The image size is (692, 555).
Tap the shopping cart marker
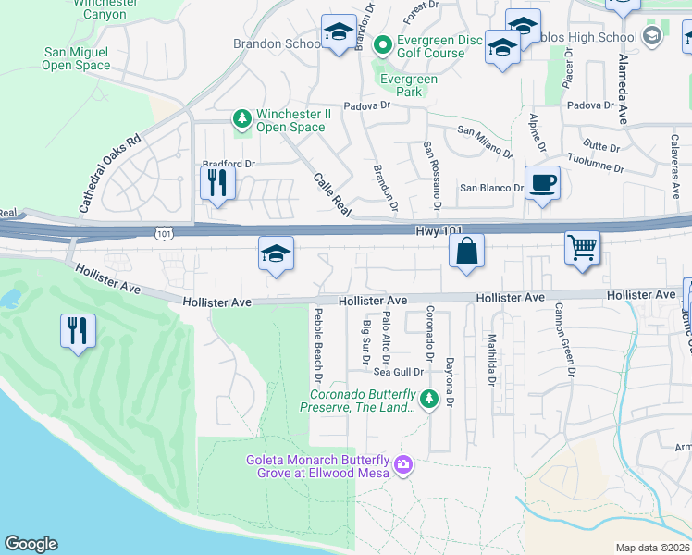coord(583,247)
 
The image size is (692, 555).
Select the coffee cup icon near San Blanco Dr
coord(541,182)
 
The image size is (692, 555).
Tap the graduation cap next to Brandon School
coord(339,32)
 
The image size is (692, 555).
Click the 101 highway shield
coord(164,234)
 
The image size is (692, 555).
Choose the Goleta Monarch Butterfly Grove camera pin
coord(402,463)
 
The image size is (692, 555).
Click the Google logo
coord(31,544)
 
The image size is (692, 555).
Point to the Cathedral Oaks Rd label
coord(109,175)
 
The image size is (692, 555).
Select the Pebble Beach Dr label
coord(316,346)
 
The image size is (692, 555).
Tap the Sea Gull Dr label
coord(398,372)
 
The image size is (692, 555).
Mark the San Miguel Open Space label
coord(76,59)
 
